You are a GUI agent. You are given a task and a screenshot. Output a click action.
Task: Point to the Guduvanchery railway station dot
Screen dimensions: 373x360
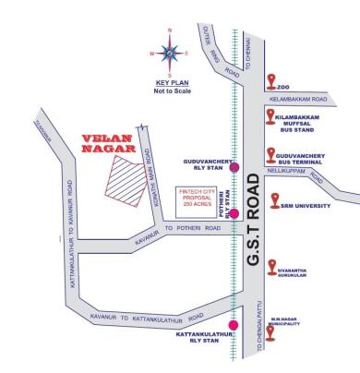click(x=234, y=167)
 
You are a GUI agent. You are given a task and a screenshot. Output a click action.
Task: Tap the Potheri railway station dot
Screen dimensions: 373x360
click(x=234, y=213)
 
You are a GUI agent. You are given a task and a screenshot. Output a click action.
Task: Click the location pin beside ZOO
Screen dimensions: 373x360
click(x=270, y=80)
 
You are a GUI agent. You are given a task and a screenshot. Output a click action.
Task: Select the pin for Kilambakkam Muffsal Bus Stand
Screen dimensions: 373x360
click(x=270, y=115)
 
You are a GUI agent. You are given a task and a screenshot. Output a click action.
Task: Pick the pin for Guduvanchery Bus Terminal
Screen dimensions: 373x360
click(x=270, y=156)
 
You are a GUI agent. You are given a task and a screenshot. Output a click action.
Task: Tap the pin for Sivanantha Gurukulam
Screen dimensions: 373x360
click(x=272, y=267)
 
